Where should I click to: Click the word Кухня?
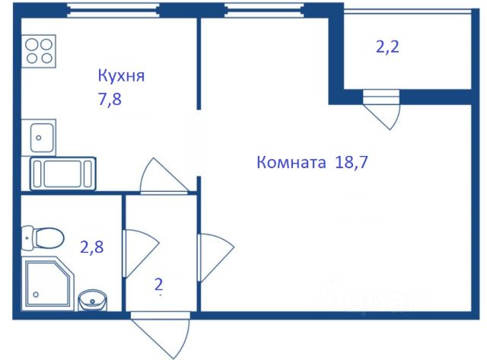(x=121, y=76)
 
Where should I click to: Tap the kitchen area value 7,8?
(x=110, y=99)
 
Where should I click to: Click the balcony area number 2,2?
(x=388, y=47)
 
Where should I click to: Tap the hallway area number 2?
(x=159, y=285)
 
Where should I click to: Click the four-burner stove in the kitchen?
(x=40, y=50)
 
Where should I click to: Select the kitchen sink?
(x=39, y=138)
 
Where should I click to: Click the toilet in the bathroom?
(x=43, y=238)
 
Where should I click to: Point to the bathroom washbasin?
(x=93, y=298)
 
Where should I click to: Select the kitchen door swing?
(x=164, y=177)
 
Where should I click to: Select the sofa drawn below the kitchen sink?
(x=62, y=173)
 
